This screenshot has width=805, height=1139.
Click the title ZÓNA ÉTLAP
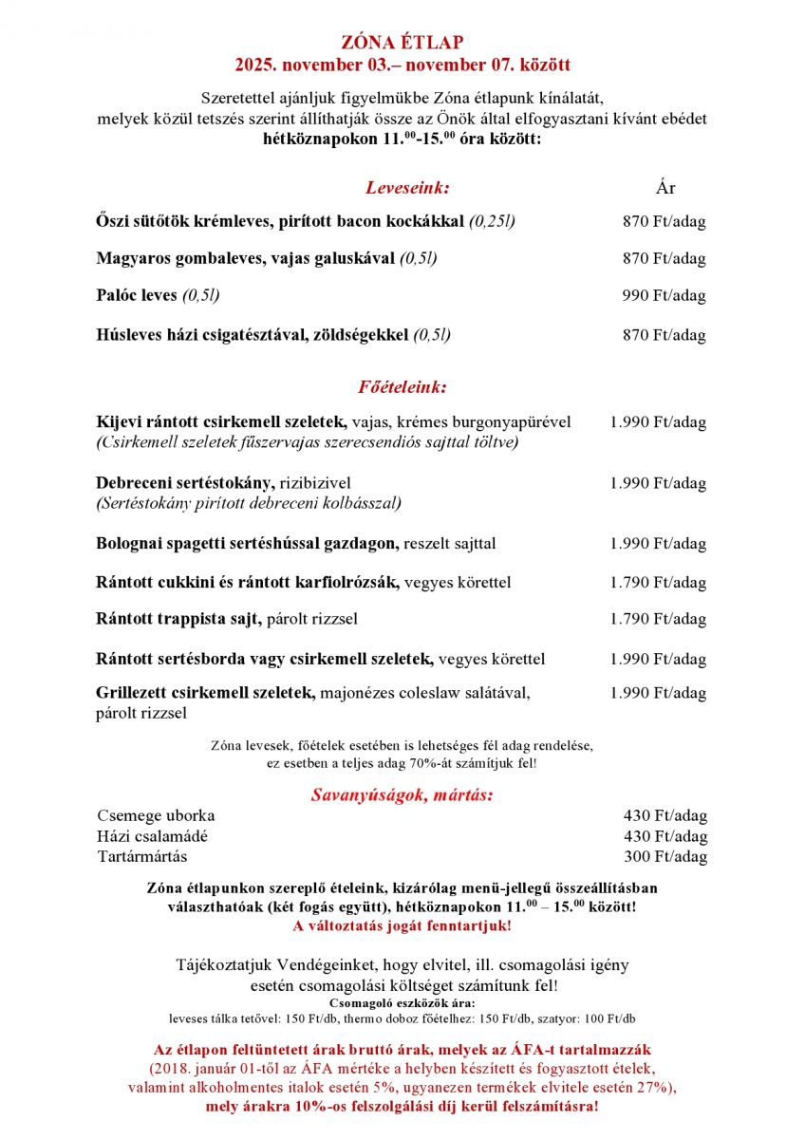coord(402,43)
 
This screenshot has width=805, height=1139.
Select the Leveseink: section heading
coord(407,187)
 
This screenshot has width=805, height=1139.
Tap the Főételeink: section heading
coord(402,387)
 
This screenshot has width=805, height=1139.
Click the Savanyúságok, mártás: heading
coord(402,794)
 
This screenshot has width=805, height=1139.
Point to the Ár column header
coord(665,187)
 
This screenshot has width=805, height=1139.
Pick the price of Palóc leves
coord(664,295)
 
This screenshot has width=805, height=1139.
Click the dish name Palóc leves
coord(137,295)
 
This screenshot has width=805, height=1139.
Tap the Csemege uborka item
coord(156,815)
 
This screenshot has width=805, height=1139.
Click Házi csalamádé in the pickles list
coord(152,836)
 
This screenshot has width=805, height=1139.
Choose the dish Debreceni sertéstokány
coord(185,483)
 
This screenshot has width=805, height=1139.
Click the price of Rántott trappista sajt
coord(658,619)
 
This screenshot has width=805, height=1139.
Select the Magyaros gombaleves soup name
coord(245,258)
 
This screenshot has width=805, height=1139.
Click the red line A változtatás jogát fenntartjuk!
coord(402,925)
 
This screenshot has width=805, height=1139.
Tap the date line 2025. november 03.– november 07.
coord(402,65)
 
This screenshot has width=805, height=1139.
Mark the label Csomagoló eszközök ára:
coord(402,1002)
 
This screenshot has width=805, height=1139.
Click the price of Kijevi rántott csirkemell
coord(658,422)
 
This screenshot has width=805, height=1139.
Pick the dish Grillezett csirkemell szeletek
coord(205,693)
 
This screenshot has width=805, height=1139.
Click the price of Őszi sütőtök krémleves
coord(664,221)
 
